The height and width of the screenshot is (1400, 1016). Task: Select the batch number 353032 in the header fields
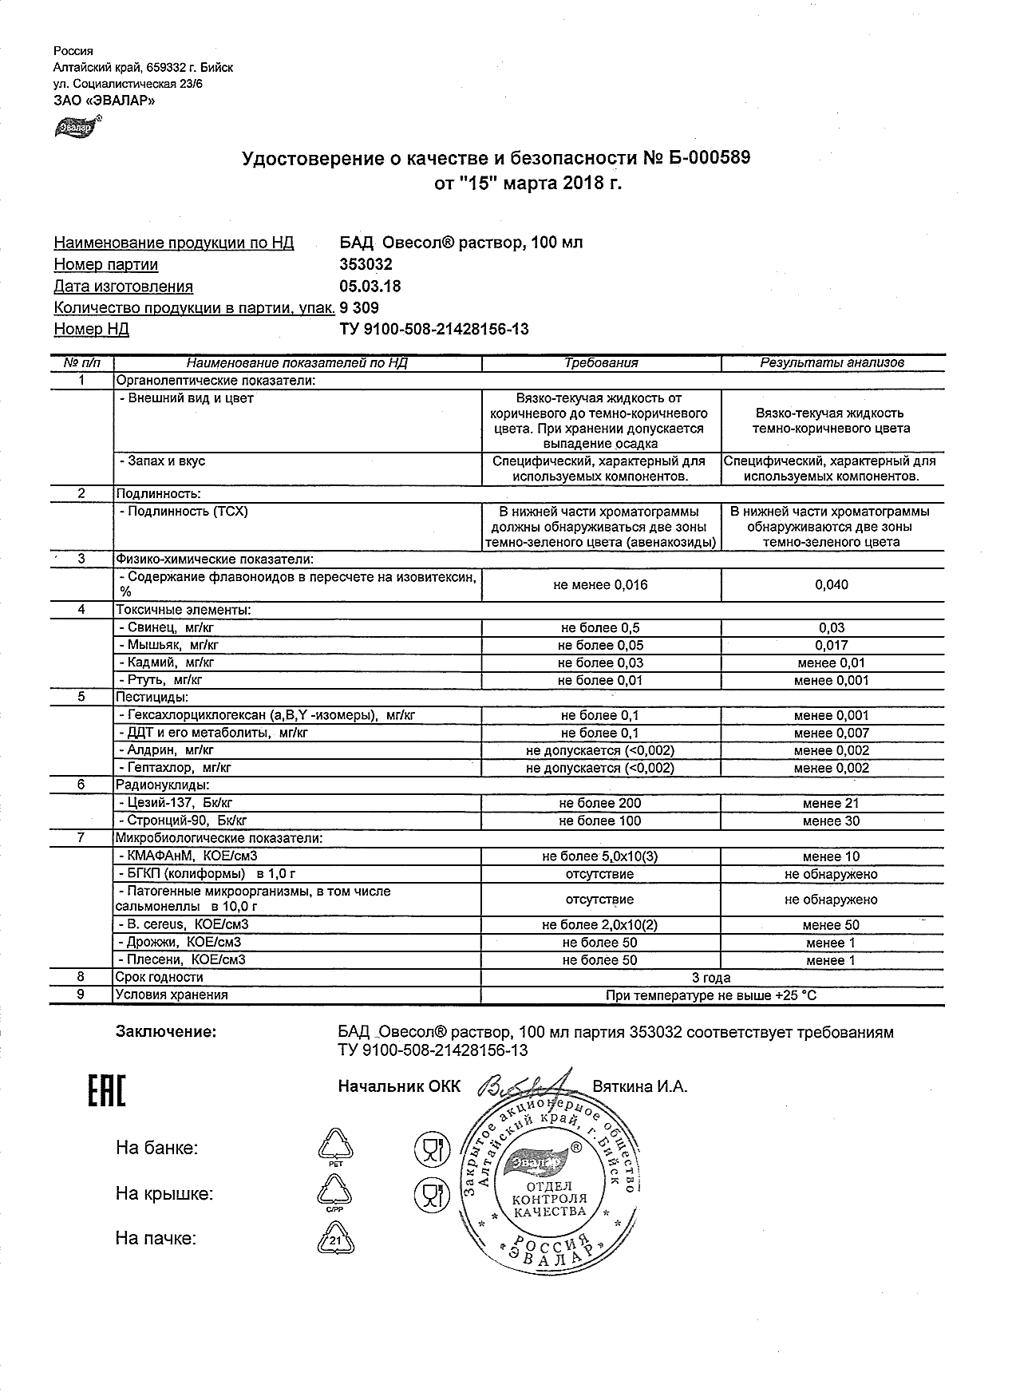coord(366,264)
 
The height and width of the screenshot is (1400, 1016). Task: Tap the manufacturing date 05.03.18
coord(370,287)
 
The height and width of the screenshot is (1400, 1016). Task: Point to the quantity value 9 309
coord(359,308)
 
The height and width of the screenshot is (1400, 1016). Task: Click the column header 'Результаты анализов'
coord(832,362)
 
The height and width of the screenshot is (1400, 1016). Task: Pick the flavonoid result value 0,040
coord(832,585)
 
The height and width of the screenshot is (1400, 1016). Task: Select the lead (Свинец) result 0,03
coord(832,628)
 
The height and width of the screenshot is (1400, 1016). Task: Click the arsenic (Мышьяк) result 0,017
coord(832,646)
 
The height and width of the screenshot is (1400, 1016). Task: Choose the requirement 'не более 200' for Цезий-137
coord(600,804)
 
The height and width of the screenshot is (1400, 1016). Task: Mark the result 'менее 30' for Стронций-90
coord(832,821)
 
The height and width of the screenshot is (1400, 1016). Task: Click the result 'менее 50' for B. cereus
coord(832,925)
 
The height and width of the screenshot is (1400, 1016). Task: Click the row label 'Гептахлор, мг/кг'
coord(174,769)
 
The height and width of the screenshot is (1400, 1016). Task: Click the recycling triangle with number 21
coord(335,1240)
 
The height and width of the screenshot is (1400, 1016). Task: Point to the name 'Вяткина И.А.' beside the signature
coord(639,1086)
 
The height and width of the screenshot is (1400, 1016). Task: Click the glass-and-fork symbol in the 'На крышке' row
coord(432,1195)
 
